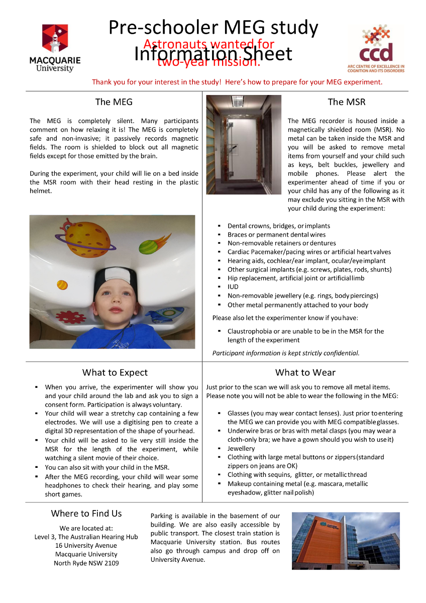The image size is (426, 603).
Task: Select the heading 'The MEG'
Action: tap(114, 102)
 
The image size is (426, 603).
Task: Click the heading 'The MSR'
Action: tap(347, 102)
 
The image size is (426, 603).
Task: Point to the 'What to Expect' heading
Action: tap(115, 372)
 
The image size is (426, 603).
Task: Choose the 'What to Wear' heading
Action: tap(305, 372)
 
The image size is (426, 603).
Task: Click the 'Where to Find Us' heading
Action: tap(86, 514)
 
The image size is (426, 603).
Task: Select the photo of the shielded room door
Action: tap(244, 145)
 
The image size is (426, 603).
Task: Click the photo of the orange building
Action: tap(346, 541)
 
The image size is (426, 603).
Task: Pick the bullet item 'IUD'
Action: tap(233, 287)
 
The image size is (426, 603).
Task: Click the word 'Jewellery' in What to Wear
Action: tap(241, 448)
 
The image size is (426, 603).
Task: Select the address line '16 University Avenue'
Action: tap(86, 545)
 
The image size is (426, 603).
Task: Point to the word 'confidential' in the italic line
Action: tap(342, 353)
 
